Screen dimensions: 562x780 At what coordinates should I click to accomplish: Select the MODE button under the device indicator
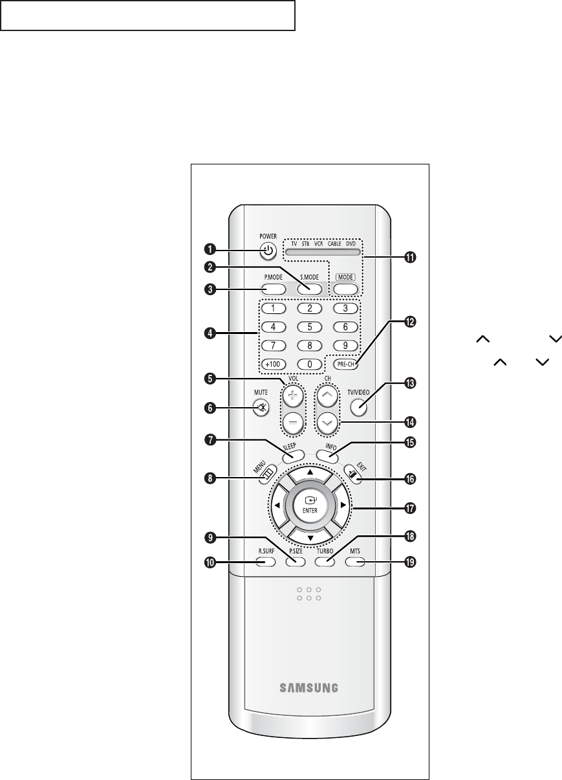pyautogui.click(x=347, y=289)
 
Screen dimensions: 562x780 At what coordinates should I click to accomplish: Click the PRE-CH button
pyautogui.click(x=347, y=364)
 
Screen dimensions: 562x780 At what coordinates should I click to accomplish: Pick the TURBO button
pyautogui.click(x=325, y=561)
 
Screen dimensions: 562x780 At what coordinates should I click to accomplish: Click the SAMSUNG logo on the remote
pyautogui.click(x=308, y=687)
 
